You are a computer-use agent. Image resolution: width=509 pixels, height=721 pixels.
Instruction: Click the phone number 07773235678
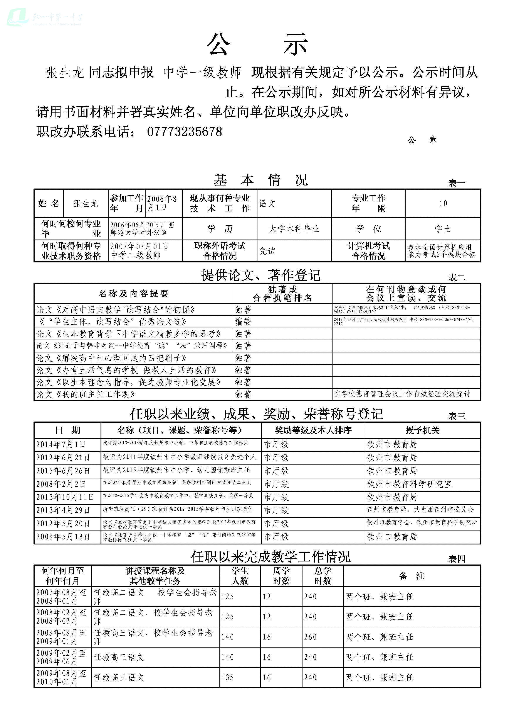point(184,132)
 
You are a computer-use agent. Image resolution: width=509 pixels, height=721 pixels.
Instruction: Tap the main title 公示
point(257,45)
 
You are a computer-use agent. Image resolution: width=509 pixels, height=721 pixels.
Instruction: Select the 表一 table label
point(457,183)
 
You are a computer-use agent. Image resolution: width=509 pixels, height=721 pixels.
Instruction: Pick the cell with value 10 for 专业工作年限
point(443,204)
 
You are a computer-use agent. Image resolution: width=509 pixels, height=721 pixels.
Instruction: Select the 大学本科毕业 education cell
point(294,229)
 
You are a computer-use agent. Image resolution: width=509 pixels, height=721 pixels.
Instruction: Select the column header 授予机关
point(422,430)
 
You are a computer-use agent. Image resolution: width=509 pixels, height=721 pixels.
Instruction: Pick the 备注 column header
point(412,576)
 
